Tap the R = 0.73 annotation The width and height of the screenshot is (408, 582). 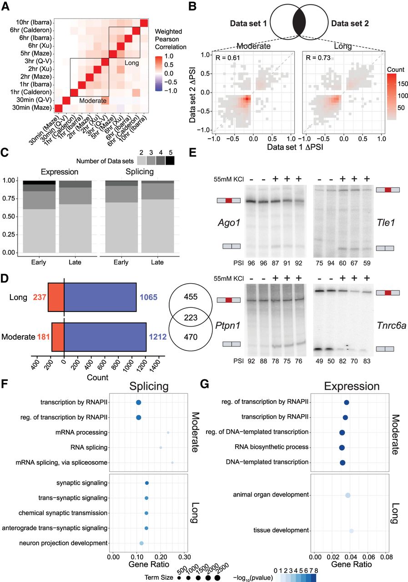(x=314, y=57)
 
